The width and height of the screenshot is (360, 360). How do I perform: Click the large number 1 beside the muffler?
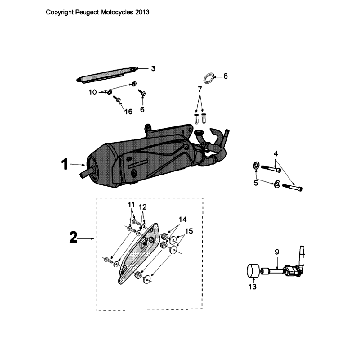64,165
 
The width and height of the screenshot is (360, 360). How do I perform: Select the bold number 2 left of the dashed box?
74,238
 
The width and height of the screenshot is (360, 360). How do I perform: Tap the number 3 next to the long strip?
153,69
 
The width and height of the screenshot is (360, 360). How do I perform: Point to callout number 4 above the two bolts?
276,154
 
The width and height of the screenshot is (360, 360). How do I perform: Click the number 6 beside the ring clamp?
225,76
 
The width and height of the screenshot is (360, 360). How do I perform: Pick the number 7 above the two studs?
200,88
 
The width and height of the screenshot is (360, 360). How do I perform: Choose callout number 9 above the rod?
277,252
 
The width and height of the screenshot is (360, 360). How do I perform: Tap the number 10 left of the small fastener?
93,92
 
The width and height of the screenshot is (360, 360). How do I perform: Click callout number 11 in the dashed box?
131,204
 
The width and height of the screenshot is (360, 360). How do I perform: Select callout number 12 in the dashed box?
142,207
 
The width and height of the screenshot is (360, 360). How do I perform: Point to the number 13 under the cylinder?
253,287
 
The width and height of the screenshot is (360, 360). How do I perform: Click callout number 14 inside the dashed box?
182,219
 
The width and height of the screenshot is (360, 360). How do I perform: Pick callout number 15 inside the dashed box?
189,231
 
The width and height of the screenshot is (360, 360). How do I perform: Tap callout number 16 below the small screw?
128,111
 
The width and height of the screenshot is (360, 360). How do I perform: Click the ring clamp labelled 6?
209,78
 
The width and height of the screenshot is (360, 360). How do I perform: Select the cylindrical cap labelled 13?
253,270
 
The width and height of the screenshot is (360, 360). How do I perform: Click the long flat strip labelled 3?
107,75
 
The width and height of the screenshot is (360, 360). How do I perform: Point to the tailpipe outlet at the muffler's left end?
84,174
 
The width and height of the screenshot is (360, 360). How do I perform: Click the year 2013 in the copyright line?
142,12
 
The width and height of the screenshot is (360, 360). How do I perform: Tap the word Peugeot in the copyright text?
87,12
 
